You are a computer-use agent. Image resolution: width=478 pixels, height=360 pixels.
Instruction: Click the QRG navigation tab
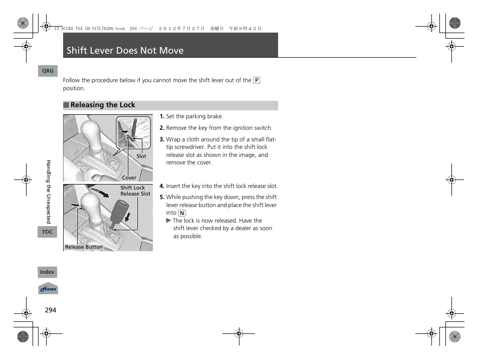(x=48, y=71)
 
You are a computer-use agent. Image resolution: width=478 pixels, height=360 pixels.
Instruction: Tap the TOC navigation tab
(x=47, y=232)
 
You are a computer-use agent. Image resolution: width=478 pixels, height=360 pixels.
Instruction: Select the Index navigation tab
(x=47, y=272)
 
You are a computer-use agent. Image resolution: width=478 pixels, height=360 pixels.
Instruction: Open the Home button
(x=48, y=289)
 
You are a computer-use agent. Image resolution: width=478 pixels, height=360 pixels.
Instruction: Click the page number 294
(x=51, y=310)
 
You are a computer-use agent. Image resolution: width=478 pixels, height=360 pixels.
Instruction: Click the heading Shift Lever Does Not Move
(x=125, y=51)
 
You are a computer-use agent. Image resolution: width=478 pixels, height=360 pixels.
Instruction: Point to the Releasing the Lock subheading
(x=103, y=105)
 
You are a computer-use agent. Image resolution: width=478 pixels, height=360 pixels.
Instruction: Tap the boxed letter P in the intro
(x=257, y=80)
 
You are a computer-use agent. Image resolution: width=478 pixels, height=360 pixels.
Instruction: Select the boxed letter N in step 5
(x=181, y=213)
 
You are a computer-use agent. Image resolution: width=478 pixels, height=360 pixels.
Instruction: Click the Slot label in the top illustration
(x=141, y=156)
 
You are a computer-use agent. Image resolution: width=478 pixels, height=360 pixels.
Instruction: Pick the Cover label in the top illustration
(x=129, y=177)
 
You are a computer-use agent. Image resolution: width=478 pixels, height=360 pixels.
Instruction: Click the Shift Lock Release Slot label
(x=135, y=191)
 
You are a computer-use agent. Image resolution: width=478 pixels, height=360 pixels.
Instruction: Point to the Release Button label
(x=84, y=247)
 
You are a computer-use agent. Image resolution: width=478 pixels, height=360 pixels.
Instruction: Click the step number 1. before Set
(x=162, y=117)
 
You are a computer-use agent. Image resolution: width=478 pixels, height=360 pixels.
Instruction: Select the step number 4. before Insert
(x=162, y=186)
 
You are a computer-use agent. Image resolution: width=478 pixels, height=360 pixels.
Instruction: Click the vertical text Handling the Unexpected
(x=49, y=192)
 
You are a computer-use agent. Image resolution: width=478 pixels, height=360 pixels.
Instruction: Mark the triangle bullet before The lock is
(x=169, y=221)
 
